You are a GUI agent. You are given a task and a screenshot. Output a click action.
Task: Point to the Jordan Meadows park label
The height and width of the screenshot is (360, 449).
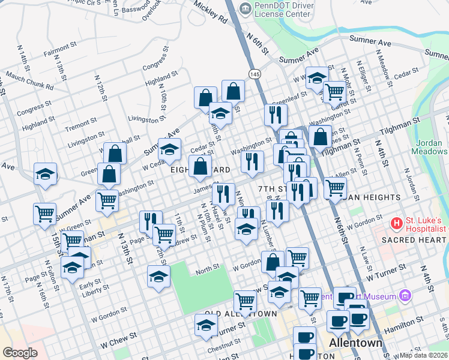[429, 147]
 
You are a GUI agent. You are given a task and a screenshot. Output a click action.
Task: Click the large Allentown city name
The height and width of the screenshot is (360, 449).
[356, 343]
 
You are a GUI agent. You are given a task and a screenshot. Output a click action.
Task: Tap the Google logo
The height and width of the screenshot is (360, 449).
[20, 353]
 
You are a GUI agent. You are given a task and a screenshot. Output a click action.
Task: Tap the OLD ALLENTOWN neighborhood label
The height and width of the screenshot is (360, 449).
[241, 314]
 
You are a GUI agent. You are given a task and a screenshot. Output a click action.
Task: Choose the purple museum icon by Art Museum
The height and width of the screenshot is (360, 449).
[406, 296]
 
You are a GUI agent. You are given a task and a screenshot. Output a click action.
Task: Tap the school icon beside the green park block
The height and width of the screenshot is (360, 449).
[158, 277]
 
